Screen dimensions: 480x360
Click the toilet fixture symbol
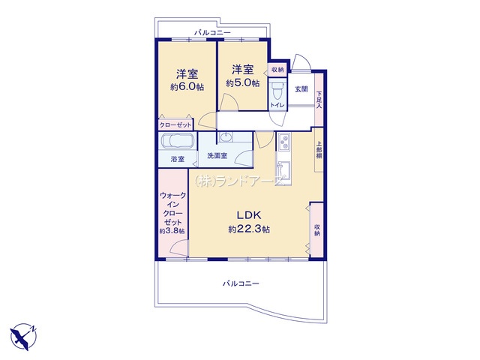click(277, 90)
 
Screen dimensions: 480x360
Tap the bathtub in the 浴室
click(178, 141)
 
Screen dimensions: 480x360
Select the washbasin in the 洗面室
click(226, 137)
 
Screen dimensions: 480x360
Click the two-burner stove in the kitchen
click(284, 142)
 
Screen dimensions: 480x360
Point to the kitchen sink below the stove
click(283, 168)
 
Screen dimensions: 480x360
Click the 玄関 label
click(301, 89)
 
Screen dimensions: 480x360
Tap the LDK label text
click(249, 215)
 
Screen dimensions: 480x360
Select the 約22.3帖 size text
click(249, 229)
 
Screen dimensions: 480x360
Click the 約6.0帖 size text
click(187, 87)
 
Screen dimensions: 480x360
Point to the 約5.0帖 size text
click(243, 83)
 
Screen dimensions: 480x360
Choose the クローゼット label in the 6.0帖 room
click(175, 125)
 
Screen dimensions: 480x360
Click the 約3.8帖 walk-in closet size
click(172, 232)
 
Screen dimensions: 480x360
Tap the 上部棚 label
click(319, 150)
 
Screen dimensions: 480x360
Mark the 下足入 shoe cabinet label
click(319, 100)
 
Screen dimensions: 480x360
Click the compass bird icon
click(23, 337)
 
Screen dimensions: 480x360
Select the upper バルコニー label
click(212, 32)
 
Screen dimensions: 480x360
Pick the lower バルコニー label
click(241, 283)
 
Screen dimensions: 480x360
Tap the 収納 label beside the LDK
click(317, 230)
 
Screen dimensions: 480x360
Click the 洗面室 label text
click(217, 155)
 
